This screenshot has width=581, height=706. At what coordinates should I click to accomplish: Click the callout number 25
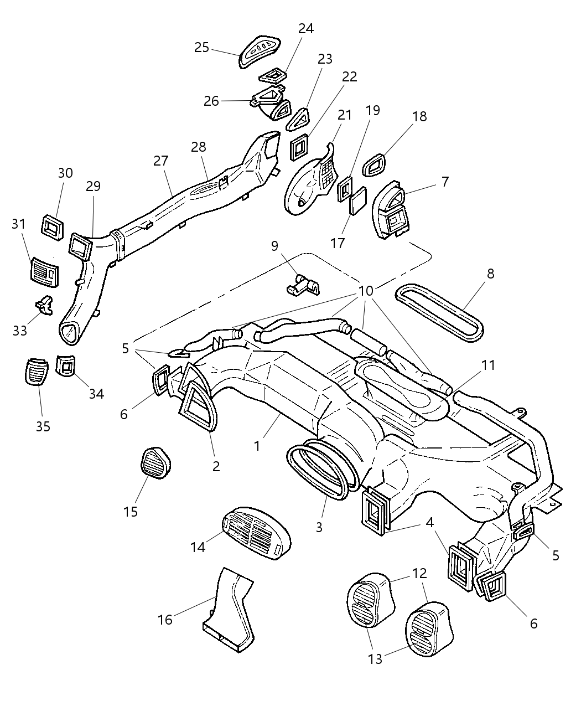(x=201, y=48)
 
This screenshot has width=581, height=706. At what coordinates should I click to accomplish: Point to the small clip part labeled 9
(x=304, y=285)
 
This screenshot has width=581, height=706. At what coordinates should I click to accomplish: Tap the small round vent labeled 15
(x=155, y=463)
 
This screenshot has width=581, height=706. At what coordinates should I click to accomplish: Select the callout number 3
(x=319, y=527)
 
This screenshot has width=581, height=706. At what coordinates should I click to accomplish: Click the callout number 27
(x=160, y=161)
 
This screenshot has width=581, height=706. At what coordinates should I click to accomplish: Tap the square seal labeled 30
(x=53, y=228)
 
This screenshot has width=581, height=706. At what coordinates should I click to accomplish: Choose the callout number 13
(x=375, y=660)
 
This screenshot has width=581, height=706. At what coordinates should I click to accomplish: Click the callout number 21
(x=345, y=115)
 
